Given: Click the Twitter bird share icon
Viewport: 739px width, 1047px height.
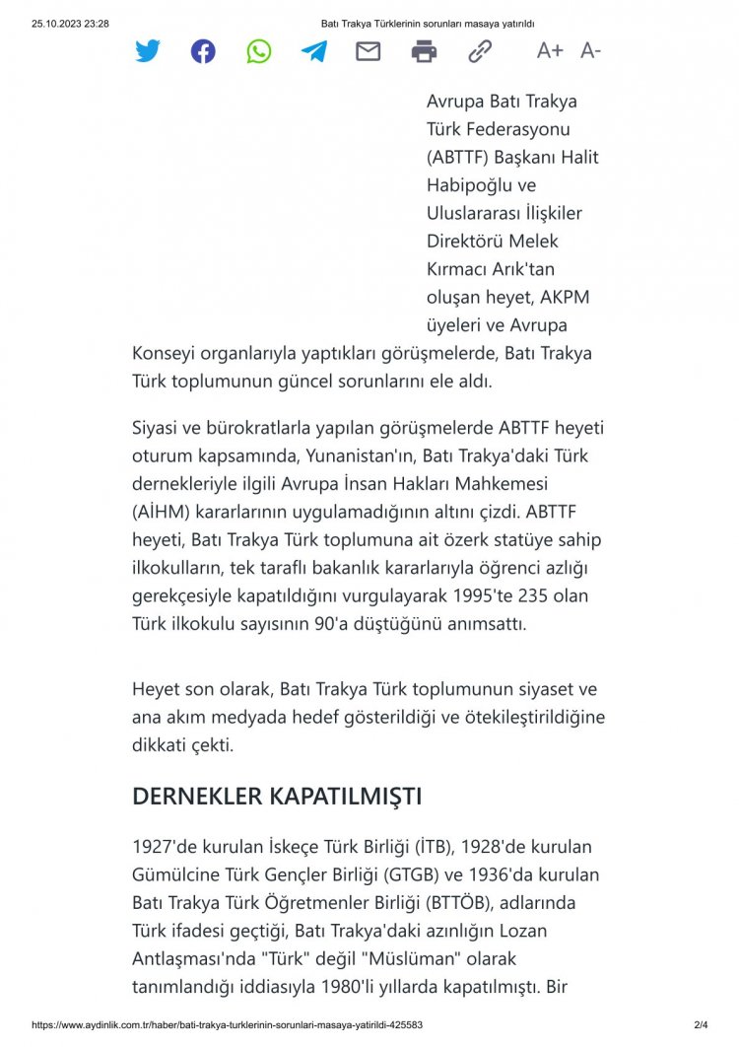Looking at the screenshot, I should [x=148, y=51].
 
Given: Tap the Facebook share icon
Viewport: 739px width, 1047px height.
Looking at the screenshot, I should [x=203, y=51].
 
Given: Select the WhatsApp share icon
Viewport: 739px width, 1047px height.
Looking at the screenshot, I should [x=259, y=51].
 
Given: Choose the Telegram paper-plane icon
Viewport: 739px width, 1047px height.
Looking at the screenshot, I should [x=314, y=51].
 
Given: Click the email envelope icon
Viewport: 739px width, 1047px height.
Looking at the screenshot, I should [x=369, y=51].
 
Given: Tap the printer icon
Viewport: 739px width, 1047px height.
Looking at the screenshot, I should [x=424, y=51].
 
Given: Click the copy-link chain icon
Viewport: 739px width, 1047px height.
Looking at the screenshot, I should [x=480, y=51].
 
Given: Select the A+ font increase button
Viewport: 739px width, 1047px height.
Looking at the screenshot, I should [x=550, y=51].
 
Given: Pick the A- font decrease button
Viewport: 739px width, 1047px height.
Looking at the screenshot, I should [x=591, y=51].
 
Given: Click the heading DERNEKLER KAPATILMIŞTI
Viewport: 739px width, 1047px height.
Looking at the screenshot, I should [x=277, y=797].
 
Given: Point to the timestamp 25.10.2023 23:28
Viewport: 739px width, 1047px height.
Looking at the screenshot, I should [x=70, y=23].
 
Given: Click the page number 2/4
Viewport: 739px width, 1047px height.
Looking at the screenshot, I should [x=701, y=1025].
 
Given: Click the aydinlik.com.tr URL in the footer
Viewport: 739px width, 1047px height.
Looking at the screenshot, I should [x=228, y=1025].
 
